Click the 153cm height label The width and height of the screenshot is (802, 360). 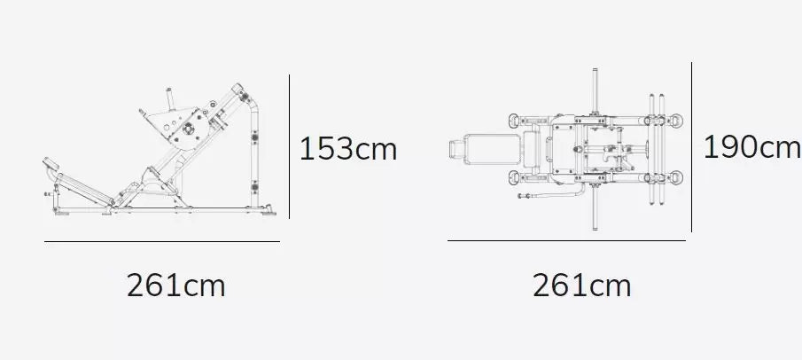coord(347,149)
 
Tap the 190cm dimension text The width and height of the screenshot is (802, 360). coord(751,147)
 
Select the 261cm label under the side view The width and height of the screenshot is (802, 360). coord(175,286)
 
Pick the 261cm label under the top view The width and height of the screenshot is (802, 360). coord(581,286)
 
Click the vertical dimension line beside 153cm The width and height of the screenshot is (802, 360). coord(289,146)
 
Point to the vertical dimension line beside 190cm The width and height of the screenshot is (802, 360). coord(691,147)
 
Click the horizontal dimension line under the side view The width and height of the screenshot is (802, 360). coord(162,241)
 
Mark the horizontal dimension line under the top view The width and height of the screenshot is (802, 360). coord(567,240)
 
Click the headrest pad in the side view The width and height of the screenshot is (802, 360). coord(51,163)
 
